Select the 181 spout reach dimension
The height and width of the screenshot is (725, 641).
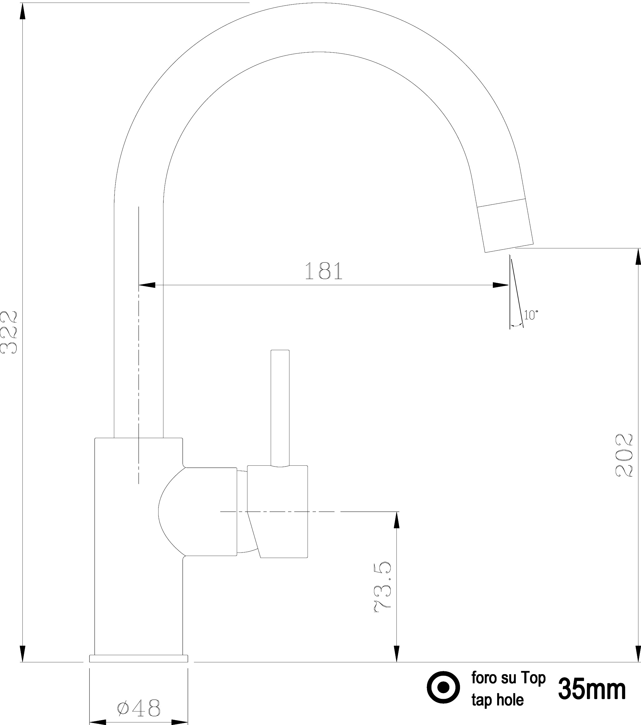[x=324, y=271]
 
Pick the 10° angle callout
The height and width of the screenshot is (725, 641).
[x=531, y=314]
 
